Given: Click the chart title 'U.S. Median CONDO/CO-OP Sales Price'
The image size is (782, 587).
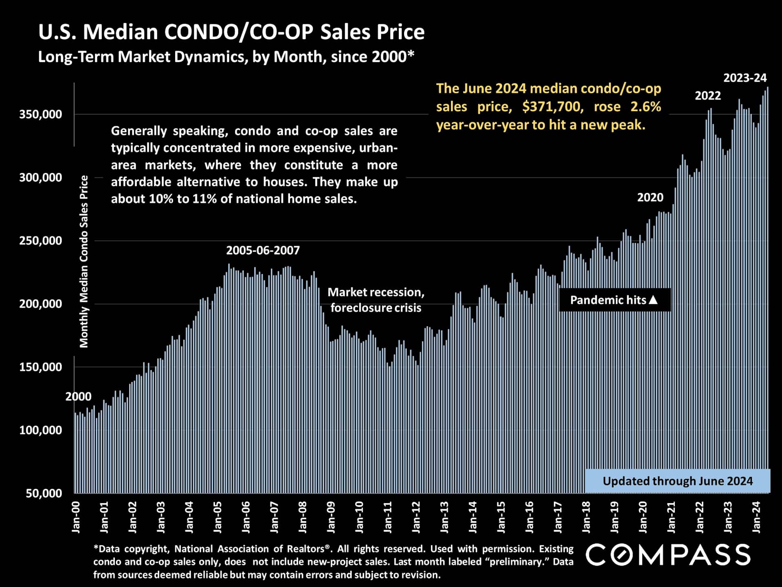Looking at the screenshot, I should click(231, 32).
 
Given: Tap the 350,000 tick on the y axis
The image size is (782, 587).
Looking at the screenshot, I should click(41, 114).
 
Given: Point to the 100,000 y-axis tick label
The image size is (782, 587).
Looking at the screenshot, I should click(41, 430).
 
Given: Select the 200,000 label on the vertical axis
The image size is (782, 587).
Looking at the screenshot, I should click(41, 304).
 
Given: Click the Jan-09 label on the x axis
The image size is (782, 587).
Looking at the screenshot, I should click(331, 517).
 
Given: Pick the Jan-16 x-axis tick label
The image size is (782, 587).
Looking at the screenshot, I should click(529, 517).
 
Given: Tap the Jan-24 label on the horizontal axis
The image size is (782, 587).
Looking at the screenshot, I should click(757, 517).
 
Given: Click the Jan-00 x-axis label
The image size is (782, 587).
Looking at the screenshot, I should click(76, 517).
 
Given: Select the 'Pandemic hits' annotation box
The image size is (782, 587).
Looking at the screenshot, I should click(614, 300).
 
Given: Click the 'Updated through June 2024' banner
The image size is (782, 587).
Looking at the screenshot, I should click(677, 481).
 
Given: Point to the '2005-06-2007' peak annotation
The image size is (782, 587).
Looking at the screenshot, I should click(263, 250).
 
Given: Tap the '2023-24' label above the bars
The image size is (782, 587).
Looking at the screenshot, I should click(745, 78).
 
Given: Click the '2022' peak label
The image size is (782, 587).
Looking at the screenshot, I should click(707, 96).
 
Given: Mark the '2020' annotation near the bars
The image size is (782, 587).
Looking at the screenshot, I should click(650, 198).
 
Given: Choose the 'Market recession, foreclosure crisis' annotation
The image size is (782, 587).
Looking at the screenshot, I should click(376, 300).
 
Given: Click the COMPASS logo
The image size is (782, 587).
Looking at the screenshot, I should click(668, 555).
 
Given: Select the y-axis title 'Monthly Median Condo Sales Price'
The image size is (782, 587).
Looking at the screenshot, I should click(84, 261).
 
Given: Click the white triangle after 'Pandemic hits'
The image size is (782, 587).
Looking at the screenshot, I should click(653, 300).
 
